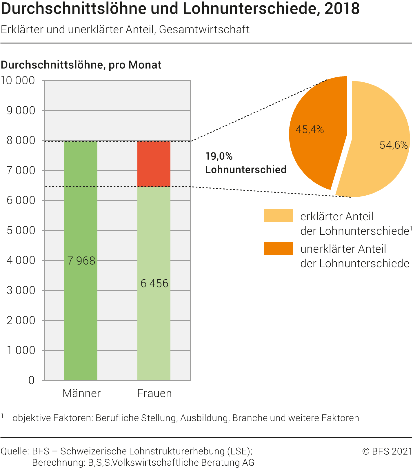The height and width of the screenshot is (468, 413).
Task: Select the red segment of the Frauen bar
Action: pos(154,164)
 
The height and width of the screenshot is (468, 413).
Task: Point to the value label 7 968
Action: pos(81,261)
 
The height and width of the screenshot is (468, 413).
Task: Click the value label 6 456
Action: pos(154,283)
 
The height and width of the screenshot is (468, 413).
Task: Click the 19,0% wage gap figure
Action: pos(219,156)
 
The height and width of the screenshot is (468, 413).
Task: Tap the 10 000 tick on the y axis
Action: pos(18,81)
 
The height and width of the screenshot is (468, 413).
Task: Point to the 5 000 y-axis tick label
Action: pos(21,230)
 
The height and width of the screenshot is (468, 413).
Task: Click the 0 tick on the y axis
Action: pos(31,380)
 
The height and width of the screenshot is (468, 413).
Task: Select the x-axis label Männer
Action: pos(81,393)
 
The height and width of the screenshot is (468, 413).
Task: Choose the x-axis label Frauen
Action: pos(154,393)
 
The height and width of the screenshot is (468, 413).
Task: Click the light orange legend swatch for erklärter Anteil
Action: pos(278,216)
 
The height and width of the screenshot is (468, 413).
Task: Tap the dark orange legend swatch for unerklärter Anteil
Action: pos(278,248)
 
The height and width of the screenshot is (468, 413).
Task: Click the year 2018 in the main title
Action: pos(342,9)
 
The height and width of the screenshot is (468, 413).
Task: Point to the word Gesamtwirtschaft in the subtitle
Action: pos(204,30)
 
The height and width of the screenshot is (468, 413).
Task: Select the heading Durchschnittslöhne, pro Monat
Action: pos(81,65)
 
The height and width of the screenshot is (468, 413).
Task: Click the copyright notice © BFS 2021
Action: pos(387,451)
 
